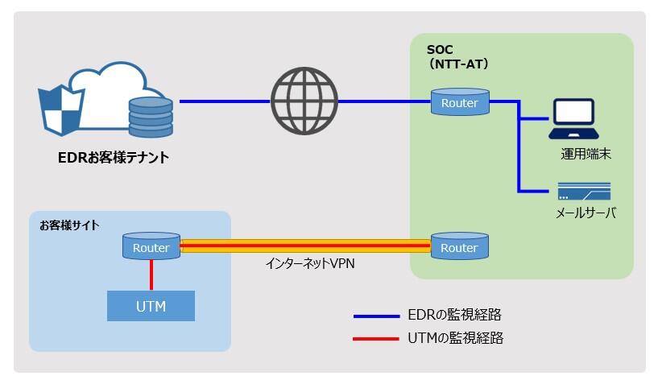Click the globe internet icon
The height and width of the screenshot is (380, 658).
pyautogui.click(x=304, y=101)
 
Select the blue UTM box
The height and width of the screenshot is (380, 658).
pyautogui.click(x=151, y=306)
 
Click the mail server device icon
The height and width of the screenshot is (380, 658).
pyautogui.click(x=584, y=191)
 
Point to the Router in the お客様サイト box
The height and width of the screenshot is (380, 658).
pyautogui.click(x=151, y=247)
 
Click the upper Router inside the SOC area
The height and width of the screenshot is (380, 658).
pyautogui.click(x=459, y=102)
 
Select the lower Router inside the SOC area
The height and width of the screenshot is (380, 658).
pyautogui.click(x=459, y=247)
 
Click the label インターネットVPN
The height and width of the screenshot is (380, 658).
pyautogui.click(x=311, y=263)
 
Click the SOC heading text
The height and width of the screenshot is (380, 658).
pyautogui.click(x=440, y=50)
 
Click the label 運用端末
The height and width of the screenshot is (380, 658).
pyautogui.click(x=586, y=154)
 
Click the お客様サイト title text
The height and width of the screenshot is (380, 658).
pyautogui.click(x=69, y=225)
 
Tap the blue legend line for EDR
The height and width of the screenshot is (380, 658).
pyautogui.click(x=376, y=316)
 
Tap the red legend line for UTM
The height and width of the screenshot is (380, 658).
pyautogui.click(x=376, y=339)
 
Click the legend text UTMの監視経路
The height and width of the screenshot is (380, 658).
pyautogui.click(x=456, y=338)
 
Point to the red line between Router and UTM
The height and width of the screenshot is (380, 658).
pyautogui.click(x=151, y=275)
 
